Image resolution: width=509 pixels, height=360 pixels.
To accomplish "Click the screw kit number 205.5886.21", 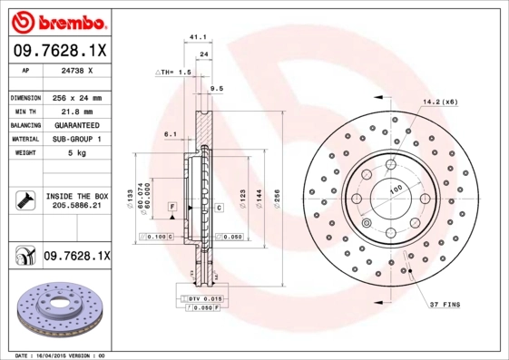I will point(77,206).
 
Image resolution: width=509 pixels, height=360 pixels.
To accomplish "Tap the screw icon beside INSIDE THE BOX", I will point(23,199).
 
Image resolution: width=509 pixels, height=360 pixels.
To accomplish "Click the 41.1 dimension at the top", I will point(194,37).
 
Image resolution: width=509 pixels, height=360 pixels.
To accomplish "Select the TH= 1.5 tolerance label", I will point(174,71).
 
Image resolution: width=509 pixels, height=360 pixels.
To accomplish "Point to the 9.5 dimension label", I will point(216,88).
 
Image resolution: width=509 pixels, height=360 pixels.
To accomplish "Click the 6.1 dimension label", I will point(170,133).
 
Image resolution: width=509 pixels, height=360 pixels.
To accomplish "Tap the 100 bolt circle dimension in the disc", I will point(396,190).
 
